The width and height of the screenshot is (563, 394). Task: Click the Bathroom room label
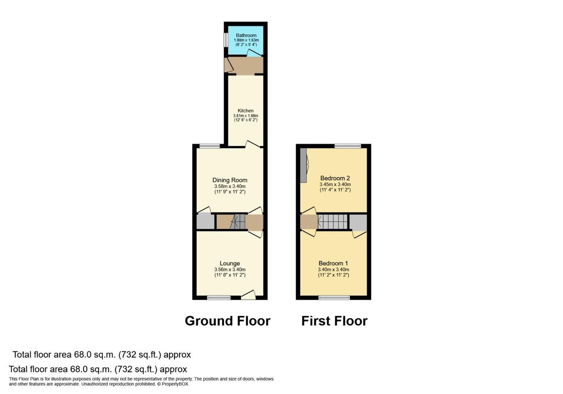246,35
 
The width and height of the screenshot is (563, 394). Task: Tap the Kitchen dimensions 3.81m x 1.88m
245,116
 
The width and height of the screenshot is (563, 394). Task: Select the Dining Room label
230,180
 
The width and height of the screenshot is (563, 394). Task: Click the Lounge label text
230,263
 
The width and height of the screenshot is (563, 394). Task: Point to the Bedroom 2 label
335,178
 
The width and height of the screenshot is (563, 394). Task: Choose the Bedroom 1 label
333,263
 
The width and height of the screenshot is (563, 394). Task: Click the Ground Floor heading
227,321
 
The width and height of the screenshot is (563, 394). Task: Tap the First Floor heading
334,321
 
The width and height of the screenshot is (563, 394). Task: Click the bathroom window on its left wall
226,40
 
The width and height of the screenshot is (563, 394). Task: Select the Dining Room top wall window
210,146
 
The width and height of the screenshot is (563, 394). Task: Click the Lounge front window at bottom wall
219,298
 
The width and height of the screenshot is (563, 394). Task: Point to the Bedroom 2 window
348,146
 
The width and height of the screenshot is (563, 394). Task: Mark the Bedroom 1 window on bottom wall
334,298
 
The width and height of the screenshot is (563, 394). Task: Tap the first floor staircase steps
333,222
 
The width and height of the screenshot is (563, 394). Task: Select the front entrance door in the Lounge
249,296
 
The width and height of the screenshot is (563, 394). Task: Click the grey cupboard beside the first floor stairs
358,222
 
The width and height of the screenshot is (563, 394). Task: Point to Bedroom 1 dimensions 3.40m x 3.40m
333,269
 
